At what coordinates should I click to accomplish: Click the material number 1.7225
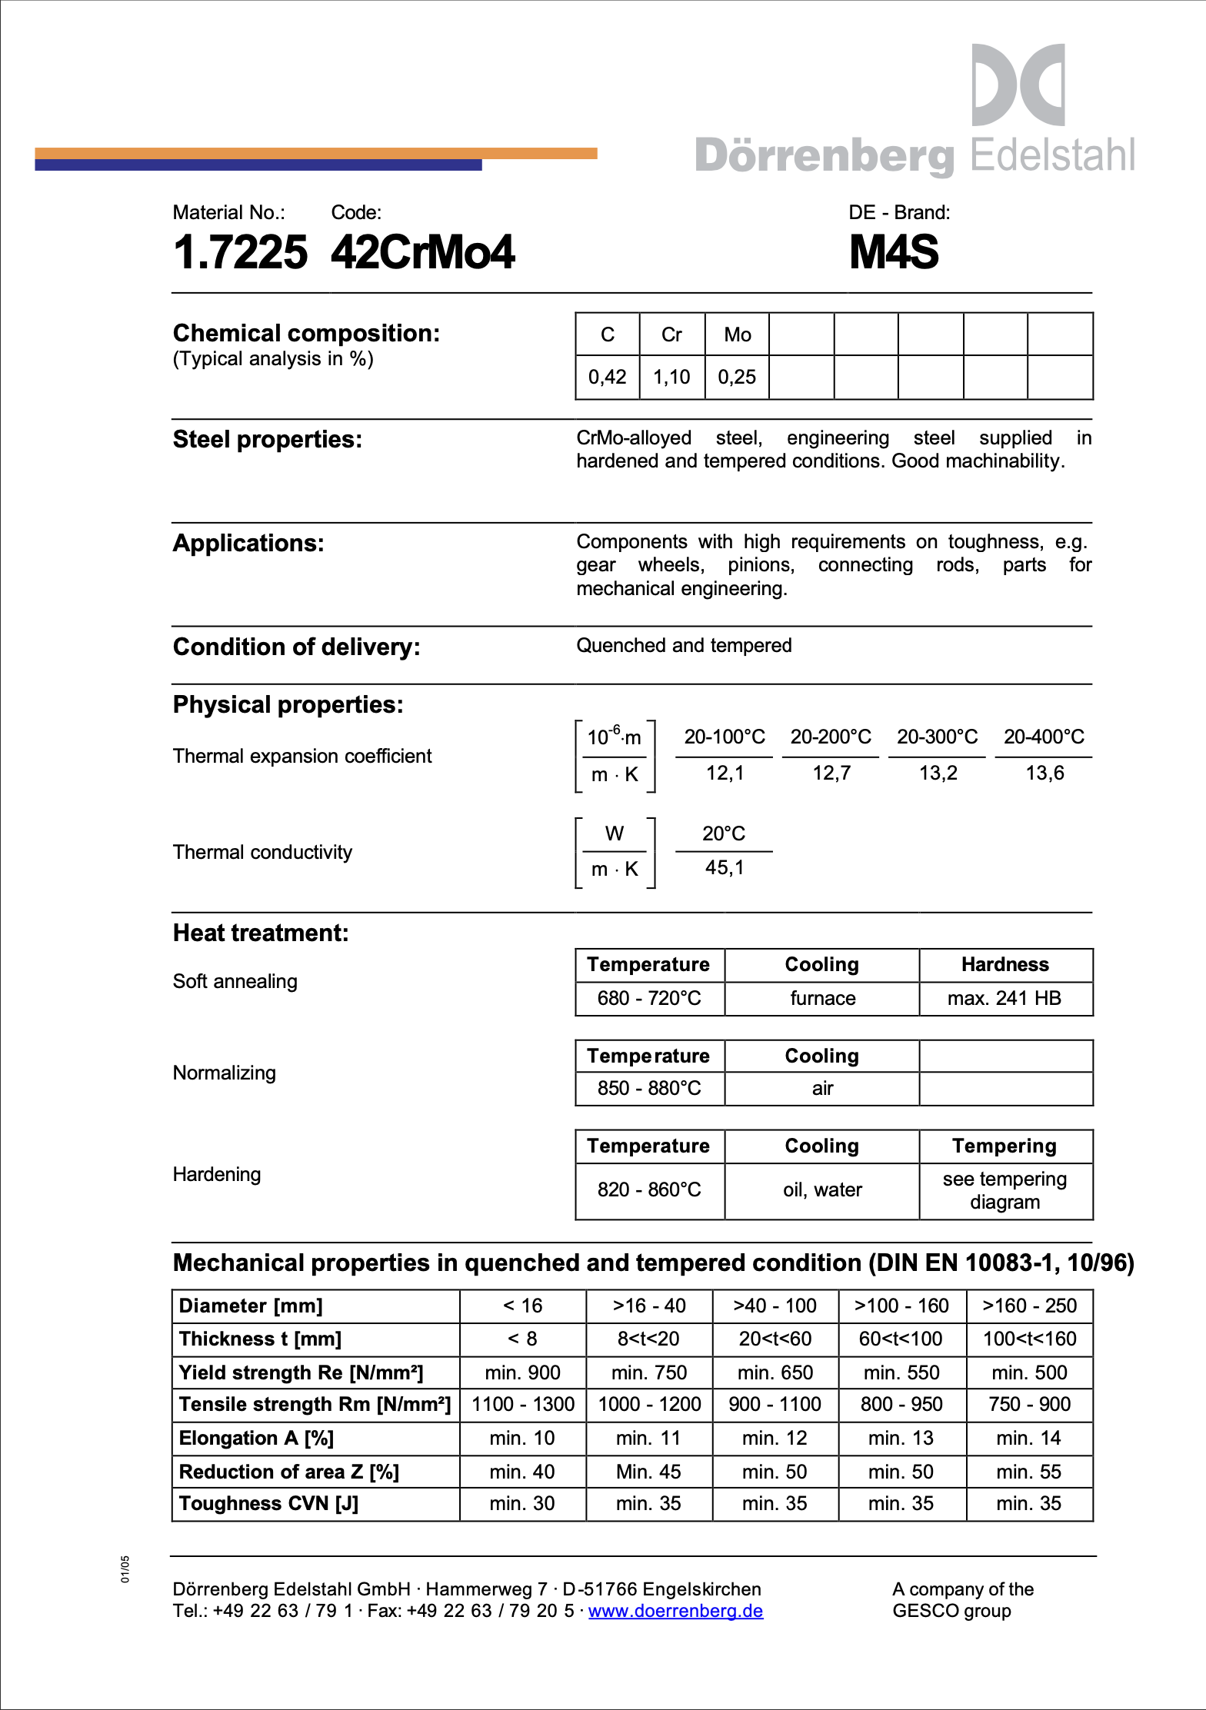pyautogui.click(x=240, y=252)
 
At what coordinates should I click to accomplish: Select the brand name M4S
pyautogui.click(x=894, y=252)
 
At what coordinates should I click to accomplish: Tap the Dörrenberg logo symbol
pyautogui.click(x=1018, y=85)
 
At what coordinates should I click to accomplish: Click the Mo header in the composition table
pyautogui.click(x=737, y=334)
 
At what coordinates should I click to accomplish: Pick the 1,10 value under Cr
pyautogui.click(x=671, y=377)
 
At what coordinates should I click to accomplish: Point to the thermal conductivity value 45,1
pyautogui.click(x=725, y=868)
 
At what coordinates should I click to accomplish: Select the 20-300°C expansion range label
pyautogui.click(x=937, y=737)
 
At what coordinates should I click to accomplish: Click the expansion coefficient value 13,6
pyautogui.click(x=1044, y=773)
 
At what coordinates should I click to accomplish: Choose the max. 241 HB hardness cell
pyautogui.click(x=1004, y=998)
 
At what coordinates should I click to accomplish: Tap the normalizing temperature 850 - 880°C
pyautogui.click(x=649, y=1088)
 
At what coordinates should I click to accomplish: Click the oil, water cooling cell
pyautogui.click(x=822, y=1189)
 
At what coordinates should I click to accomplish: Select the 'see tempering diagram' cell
pyautogui.click(x=1004, y=1190)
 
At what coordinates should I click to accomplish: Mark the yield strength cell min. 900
pyautogui.click(x=522, y=1372)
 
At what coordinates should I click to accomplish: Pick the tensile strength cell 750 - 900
pyautogui.click(x=1029, y=1404)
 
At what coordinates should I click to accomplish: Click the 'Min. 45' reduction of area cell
pyautogui.click(x=648, y=1472)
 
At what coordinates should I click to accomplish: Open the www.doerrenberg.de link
pyautogui.click(x=675, y=1611)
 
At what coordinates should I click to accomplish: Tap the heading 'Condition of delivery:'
pyautogui.click(x=296, y=647)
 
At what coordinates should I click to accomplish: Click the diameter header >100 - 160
pyautogui.click(x=901, y=1306)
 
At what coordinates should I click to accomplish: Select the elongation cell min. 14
pyautogui.click(x=1028, y=1438)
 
